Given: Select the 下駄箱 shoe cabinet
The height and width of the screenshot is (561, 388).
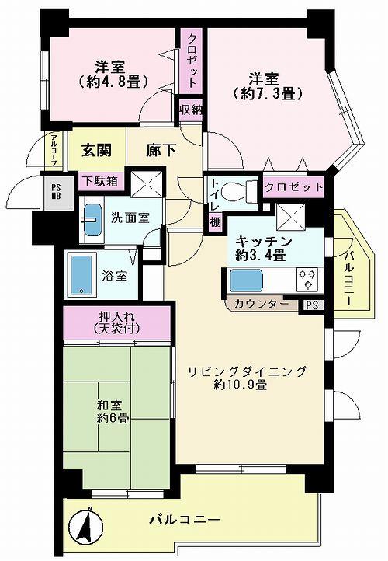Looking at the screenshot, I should pyautogui.click(x=101, y=181).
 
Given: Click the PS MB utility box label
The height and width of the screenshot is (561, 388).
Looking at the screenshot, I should pyautogui.click(x=56, y=191).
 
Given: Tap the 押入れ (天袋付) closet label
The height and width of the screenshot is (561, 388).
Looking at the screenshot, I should pyautogui.click(x=117, y=321).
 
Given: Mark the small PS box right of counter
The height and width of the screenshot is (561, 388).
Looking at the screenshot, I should pyautogui.click(x=312, y=305).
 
